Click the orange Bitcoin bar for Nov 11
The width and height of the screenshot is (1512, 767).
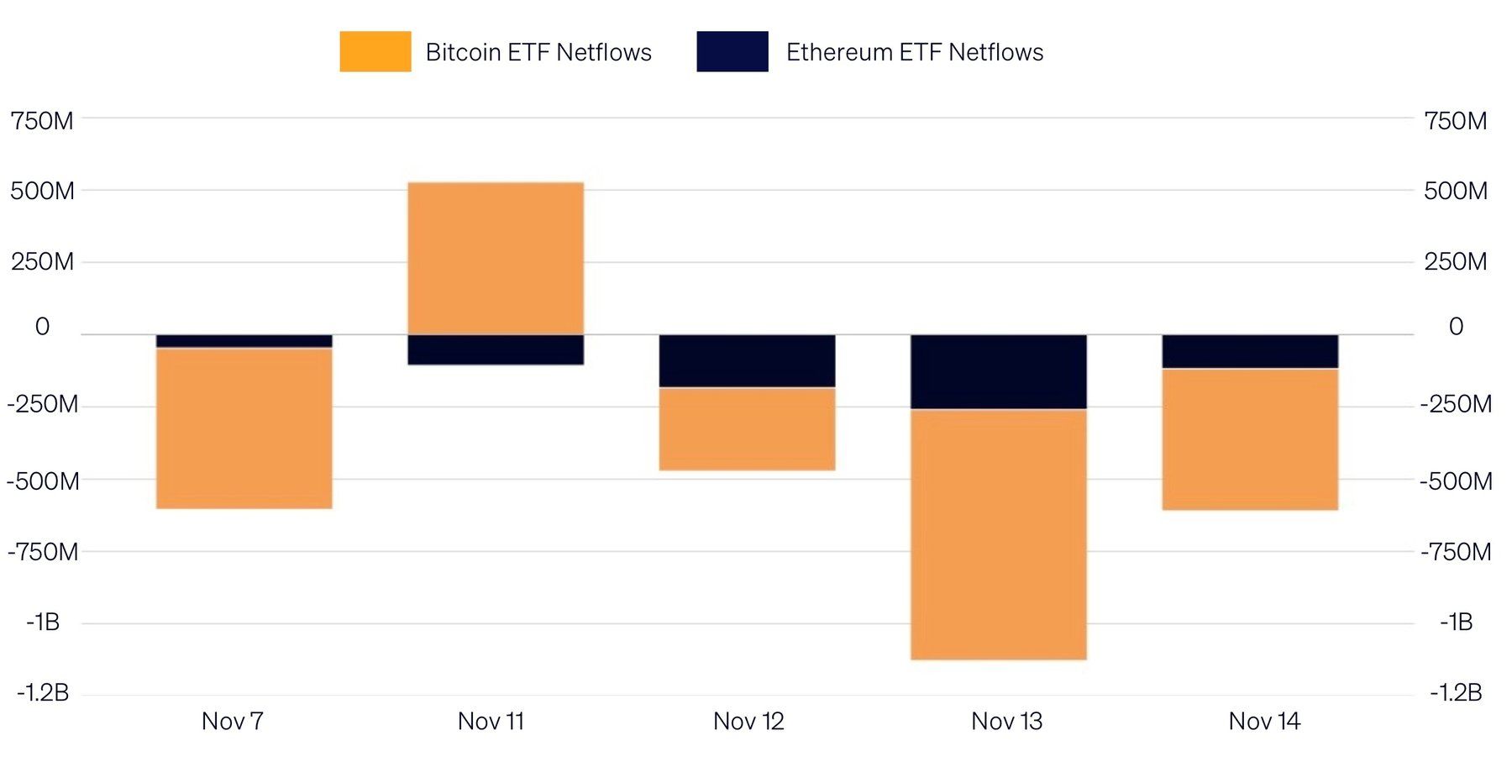(496, 258)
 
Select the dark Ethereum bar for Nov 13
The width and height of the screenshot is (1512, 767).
(999, 372)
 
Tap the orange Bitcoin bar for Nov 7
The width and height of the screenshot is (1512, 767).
(244, 428)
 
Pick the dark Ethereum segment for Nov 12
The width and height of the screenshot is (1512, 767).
(747, 361)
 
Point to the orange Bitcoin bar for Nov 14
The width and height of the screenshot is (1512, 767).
(1250, 439)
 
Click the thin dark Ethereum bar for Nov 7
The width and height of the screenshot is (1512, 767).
(244, 341)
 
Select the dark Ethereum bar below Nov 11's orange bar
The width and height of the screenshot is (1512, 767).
(496, 349)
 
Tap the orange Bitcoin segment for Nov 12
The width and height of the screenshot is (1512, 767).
(747, 429)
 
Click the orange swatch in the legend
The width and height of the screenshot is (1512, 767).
(375, 51)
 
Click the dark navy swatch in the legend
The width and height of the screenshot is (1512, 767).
(732, 51)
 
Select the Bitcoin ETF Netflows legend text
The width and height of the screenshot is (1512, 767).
(538, 52)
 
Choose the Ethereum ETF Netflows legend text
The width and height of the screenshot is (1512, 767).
(915, 52)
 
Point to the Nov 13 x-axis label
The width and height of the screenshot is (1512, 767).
(1006, 721)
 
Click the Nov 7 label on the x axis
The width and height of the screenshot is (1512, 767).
(233, 721)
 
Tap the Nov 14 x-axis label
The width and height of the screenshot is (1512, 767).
(1264, 721)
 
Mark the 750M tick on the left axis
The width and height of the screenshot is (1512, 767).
(42, 121)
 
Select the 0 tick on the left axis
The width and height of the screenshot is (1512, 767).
(42, 326)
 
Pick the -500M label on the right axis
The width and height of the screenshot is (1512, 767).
(1456, 481)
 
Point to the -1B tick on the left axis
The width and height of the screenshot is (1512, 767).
(43, 622)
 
